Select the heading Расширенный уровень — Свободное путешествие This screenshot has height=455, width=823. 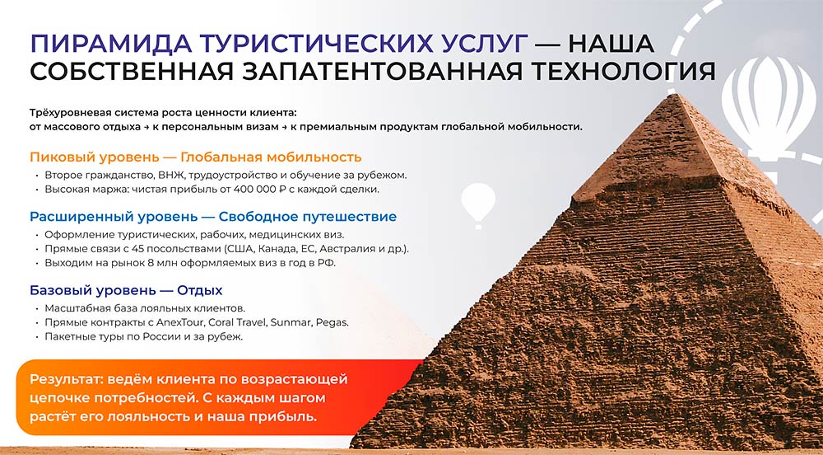tap(213, 217)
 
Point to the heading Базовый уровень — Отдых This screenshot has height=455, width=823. tap(126, 291)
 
